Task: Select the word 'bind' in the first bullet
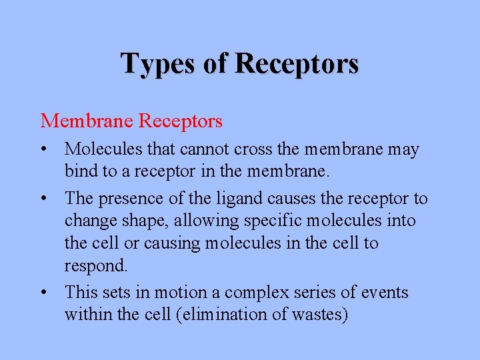pos(79,171)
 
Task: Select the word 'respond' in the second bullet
pos(93,266)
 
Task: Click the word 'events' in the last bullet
pos(384,292)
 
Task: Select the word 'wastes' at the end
pos(318,314)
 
